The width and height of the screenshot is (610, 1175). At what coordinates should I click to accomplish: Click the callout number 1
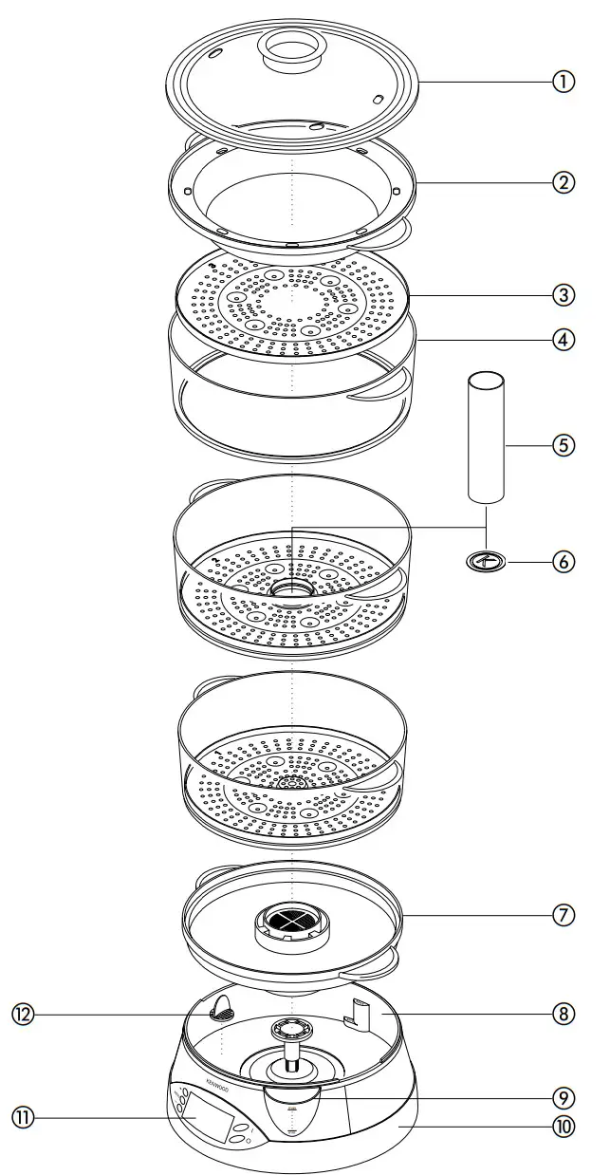(564, 82)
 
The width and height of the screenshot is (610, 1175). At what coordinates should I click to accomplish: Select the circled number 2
(564, 183)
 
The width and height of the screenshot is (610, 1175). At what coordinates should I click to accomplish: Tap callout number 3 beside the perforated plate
(564, 294)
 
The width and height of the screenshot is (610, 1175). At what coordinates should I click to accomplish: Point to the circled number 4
(564, 339)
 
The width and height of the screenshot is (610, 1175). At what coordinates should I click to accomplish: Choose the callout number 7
(564, 916)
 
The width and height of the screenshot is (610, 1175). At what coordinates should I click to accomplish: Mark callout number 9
(564, 1097)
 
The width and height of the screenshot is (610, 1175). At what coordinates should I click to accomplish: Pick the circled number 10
(564, 1127)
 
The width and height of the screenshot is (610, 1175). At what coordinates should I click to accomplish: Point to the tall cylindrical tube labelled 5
(485, 437)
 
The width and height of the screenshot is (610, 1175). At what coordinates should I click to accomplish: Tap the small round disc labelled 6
(486, 562)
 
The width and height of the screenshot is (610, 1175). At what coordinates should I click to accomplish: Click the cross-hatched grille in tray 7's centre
(292, 919)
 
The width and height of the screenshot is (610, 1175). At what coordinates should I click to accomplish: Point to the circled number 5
(564, 444)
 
